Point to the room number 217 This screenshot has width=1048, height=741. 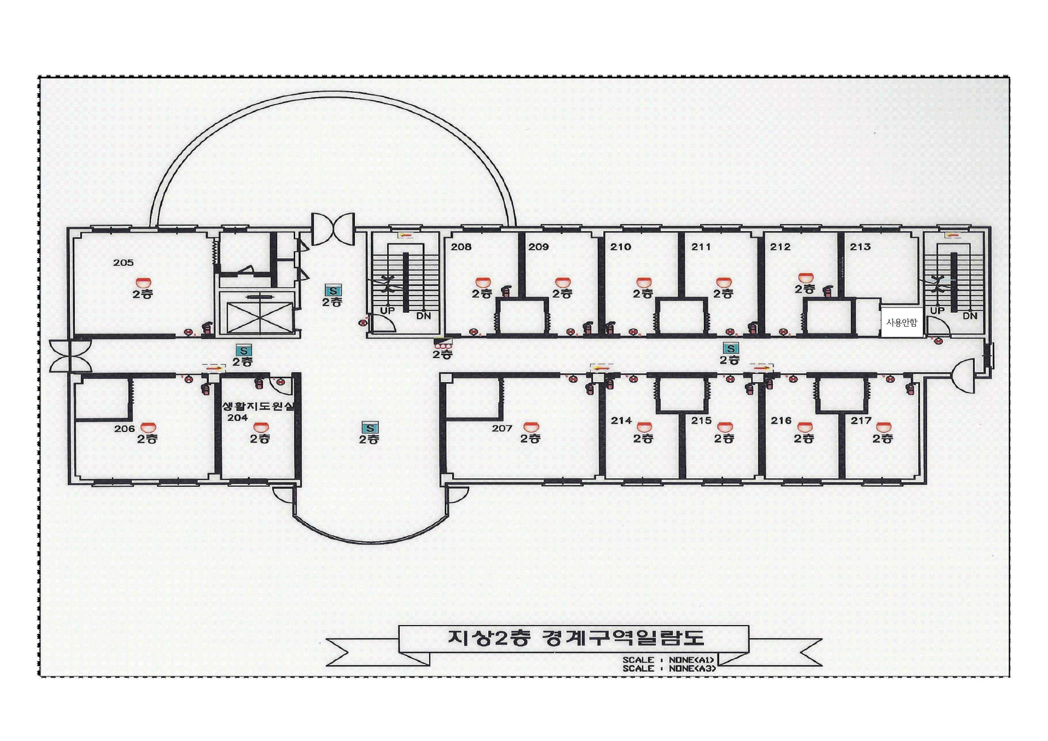click(861, 420)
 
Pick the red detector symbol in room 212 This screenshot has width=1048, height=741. click(805, 277)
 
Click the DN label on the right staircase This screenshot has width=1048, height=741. click(970, 315)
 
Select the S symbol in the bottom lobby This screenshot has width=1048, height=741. click(369, 428)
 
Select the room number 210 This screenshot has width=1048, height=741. click(621, 247)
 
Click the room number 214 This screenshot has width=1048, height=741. click(621, 420)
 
